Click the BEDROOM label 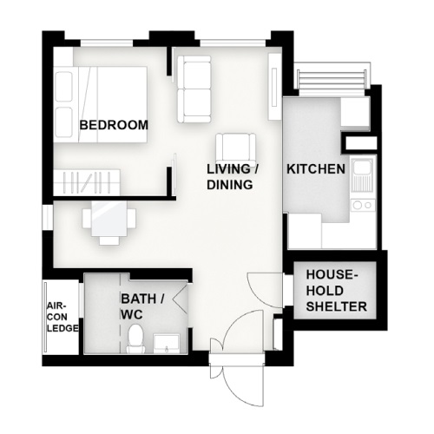pos(114,125)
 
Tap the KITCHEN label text pos(316,169)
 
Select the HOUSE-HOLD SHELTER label pos(337,291)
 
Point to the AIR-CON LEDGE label pos(62,317)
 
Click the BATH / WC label pos(142,306)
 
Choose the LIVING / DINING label pos(233,177)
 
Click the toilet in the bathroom pos(135,339)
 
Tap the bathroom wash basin pos(166,344)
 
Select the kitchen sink pos(363,176)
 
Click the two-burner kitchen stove pos(363,205)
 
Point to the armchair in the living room pos(235,147)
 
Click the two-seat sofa pos(194,89)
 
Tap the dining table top pos(108,219)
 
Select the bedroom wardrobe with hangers pos(87,182)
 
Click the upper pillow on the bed pos(63,87)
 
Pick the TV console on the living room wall pos(273,87)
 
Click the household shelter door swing pos(265,290)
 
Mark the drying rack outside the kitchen pos(332,78)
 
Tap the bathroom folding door pos(181,298)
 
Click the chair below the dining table pos(108,240)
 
